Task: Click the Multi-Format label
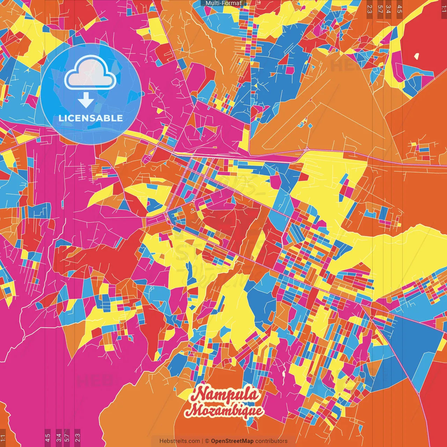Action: [x=223, y=3]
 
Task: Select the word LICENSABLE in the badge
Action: [x=90, y=118]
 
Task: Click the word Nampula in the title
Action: [x=227, y=395]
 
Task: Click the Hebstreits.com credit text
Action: [x=179, y=441]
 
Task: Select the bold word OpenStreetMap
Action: [x=232, y=441]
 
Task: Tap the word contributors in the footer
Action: [x=271, y=441]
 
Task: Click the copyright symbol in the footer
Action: [x=207, y=441]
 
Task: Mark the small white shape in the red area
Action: [x=417, y=56]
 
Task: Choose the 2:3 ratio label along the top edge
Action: [x=369, y=9]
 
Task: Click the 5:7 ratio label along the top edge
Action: [x=380, y=9]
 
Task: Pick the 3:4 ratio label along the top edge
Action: [x=388, y=9]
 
